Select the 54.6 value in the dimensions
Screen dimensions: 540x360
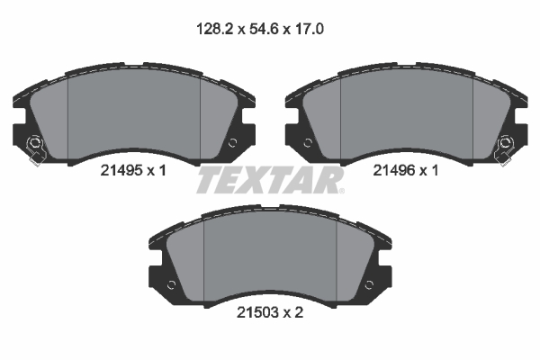click(259, 30)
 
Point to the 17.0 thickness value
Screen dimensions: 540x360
click(309, 30)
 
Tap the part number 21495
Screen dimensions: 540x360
click(121, 170)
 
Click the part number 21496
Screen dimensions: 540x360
click(394, 170)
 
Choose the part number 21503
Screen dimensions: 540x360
click(258, 312)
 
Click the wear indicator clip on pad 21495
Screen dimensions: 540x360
click(35, 150)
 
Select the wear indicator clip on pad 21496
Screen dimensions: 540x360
click(504, 150)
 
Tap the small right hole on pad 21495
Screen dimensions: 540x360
click(233, 142)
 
